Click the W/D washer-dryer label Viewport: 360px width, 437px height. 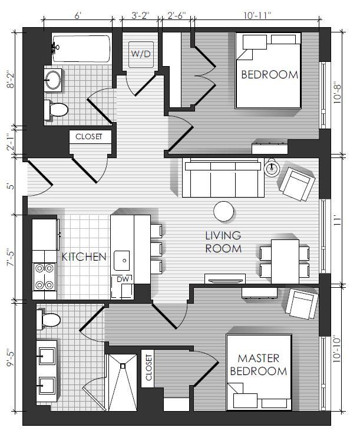coord(141,54)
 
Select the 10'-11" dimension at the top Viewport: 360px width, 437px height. coord(257,15)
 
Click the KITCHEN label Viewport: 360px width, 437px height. coord(84,257)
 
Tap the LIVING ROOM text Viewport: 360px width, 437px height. coord(223,242)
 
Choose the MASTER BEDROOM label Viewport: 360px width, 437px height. coord(259,364)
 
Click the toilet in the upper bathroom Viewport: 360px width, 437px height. coord(56,110)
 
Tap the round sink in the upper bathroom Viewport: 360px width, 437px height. coord(53,80)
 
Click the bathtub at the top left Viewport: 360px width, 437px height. coord(81,48)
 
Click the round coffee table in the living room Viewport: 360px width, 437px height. coord(223,211)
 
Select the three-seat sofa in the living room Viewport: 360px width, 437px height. coord(223,178)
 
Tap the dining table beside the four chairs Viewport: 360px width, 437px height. coord(285,261)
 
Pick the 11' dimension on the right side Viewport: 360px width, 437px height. coord(338,221)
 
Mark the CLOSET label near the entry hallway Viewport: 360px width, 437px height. coord(89,137)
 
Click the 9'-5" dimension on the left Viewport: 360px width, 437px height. coord(11,357)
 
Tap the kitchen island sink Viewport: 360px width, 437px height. coord(122,260)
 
